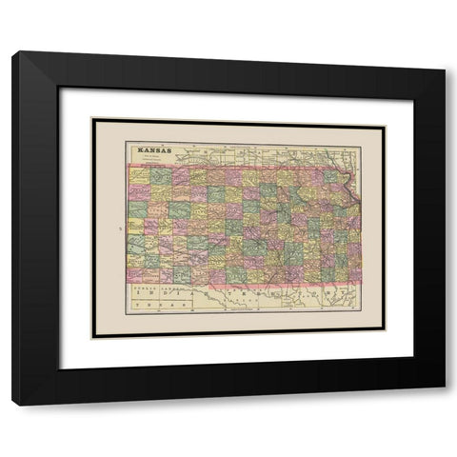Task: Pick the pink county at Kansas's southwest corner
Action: point(137,274)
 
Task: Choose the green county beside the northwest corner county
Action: point(159,176)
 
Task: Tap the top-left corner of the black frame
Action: point(13,53)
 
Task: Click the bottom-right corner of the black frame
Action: point(444,404)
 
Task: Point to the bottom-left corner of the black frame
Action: point(13,404)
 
